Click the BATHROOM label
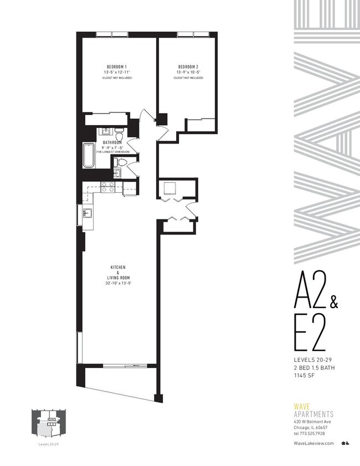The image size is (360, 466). [112, 142]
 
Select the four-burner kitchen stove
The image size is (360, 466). [108, 186]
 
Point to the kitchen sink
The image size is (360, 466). [88, 212]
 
